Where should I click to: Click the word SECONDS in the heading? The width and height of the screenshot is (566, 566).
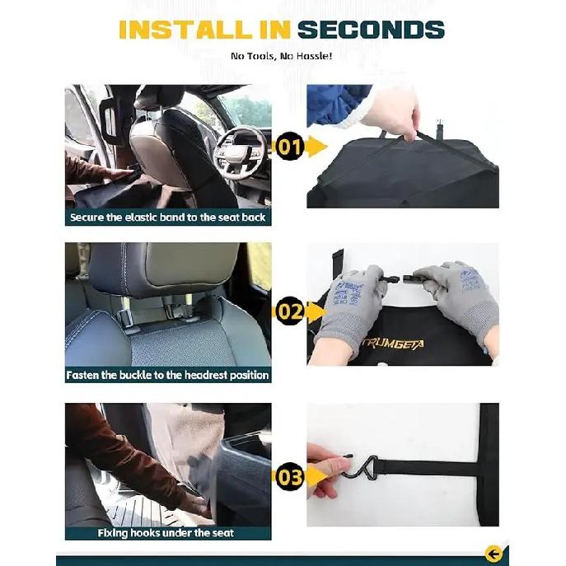(x=370, y=29)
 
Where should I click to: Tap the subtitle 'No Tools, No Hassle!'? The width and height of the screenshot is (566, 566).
(x=282, y=56)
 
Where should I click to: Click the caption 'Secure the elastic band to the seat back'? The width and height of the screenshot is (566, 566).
(x=168, y=218)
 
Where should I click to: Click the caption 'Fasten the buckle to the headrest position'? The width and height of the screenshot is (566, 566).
(x=168, y=375)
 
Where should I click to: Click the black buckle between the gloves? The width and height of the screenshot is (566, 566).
(x=401, y=281)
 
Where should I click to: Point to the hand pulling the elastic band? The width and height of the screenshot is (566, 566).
(x=394, y=113)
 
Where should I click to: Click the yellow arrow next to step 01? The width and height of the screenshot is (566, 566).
(x=314, y=148)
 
